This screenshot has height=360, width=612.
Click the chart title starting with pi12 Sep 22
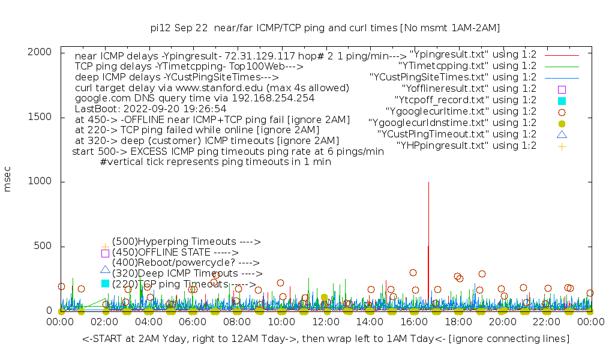tap(325, 28)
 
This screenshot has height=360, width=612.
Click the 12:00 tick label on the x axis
tap(325, 322)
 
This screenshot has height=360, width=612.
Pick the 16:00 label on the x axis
tap(413, 322)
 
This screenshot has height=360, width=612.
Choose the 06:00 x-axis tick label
tap(193, 322)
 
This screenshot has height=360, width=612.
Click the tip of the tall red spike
tap(428, 182)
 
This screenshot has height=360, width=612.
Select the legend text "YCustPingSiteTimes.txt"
tap(453, 77)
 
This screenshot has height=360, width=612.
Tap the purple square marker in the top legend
tap(562, 89)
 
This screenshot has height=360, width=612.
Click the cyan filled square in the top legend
tap(562, 100)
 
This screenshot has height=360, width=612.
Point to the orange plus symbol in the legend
tap(562, 146)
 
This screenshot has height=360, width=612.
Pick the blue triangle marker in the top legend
tap(562, 134)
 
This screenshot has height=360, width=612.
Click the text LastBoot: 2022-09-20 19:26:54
tap(151, 109)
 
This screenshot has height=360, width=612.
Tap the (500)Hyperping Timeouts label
tap(186, 242)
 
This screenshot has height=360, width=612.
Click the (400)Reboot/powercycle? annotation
tap(185, 263)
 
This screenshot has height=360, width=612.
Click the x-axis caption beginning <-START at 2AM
tap(325, 339)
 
